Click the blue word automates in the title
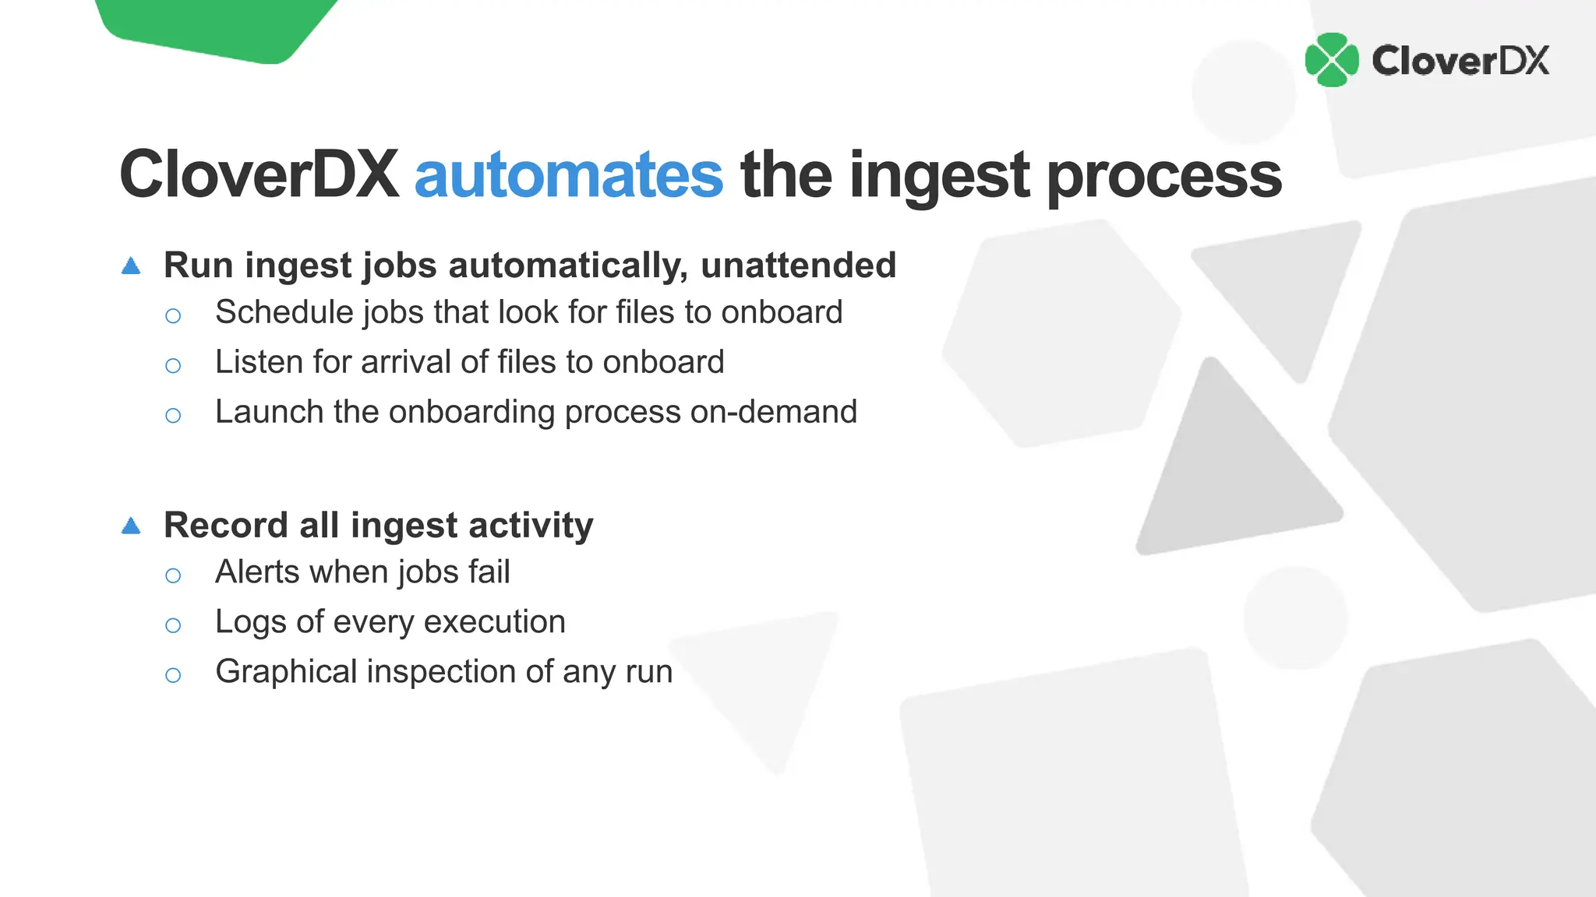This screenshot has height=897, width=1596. click(x=568, y=176)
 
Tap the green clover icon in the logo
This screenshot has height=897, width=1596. click(x=1332, y=60)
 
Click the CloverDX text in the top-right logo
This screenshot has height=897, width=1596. click(x=1460, y=61)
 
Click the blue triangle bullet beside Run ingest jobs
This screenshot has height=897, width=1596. click(x=131, y=266)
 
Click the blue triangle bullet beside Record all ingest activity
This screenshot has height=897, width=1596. click(x=131, y=526)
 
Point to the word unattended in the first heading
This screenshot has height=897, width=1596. click(x=798, y=266)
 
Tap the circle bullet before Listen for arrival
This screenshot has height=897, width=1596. click(x=173, y=365)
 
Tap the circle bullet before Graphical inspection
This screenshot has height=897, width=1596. click(x=173, y=675)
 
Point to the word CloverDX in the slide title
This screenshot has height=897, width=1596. click(x=259, y=176)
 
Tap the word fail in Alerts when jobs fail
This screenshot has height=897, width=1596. click(x=489, y=572)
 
